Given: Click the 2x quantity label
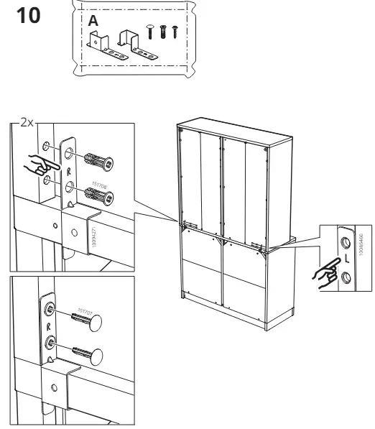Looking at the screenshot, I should pos(27,123).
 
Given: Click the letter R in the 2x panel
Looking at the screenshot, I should pos(69,172).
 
